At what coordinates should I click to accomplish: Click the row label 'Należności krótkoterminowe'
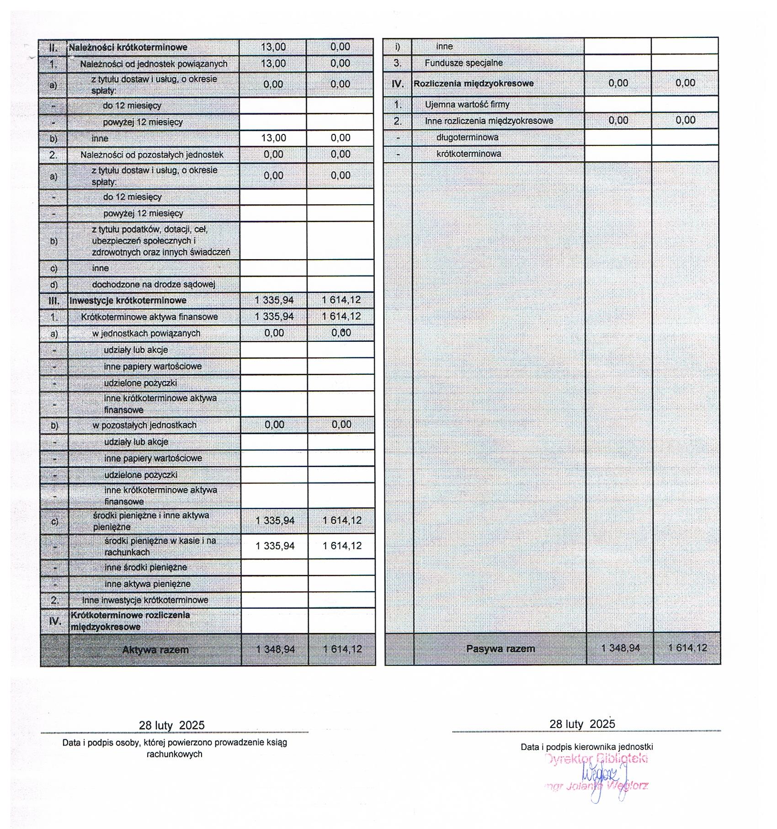pyautogui.click(x=128, y=47)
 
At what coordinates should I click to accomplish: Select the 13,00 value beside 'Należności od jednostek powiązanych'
pyautogui.click(x=273, y=64)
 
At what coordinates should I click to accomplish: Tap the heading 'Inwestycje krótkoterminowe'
pyautogui.click(x=128, y=301)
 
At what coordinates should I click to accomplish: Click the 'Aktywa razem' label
pyautogui.click(x=155, y=650)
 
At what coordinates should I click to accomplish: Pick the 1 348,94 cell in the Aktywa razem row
pyautogui.click(x=276, y=649)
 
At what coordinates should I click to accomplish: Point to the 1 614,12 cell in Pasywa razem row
pyautogui.click(x=687, y=648)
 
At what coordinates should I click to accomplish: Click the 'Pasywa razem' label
pyautogui.click(x=500, y=648)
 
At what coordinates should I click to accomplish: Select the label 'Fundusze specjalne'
pyautogui.click(x=463, y=63)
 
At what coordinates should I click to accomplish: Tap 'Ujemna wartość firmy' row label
pyautogui.click(x=467, y=104)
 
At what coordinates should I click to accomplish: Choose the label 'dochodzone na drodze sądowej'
pyautogui.click(x=154, y=284)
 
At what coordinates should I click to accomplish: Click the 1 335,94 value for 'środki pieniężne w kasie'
pyautogui.click(x=275, y=546)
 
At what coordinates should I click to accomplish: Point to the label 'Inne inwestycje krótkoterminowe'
pyautogui.click(x=145, y=600)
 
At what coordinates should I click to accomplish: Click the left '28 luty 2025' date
pyautogui.click(x=172, y=725)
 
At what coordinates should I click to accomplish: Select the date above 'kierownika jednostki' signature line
pyautogui.click(x=582, y=724)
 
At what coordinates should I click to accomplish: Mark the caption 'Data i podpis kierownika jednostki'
pyautogui.click(x=587, y=747)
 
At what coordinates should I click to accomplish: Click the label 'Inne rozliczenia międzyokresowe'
pyautogui.click(x=489, y=121)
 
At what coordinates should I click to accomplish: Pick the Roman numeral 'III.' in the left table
pyautogui.click(x=54, y=301)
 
